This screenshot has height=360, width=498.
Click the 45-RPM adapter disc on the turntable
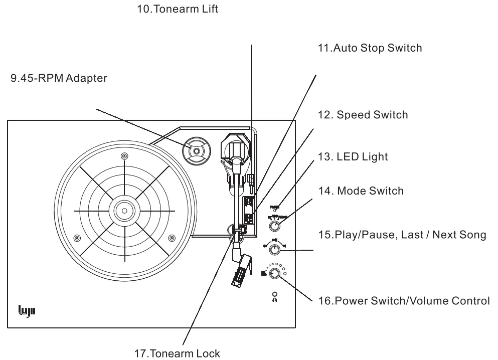coord(196,150)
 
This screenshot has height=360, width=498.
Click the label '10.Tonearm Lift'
coord(178,10)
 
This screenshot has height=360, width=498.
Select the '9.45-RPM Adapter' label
coord(59,79)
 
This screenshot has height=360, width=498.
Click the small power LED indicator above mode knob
coord(275,209)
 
